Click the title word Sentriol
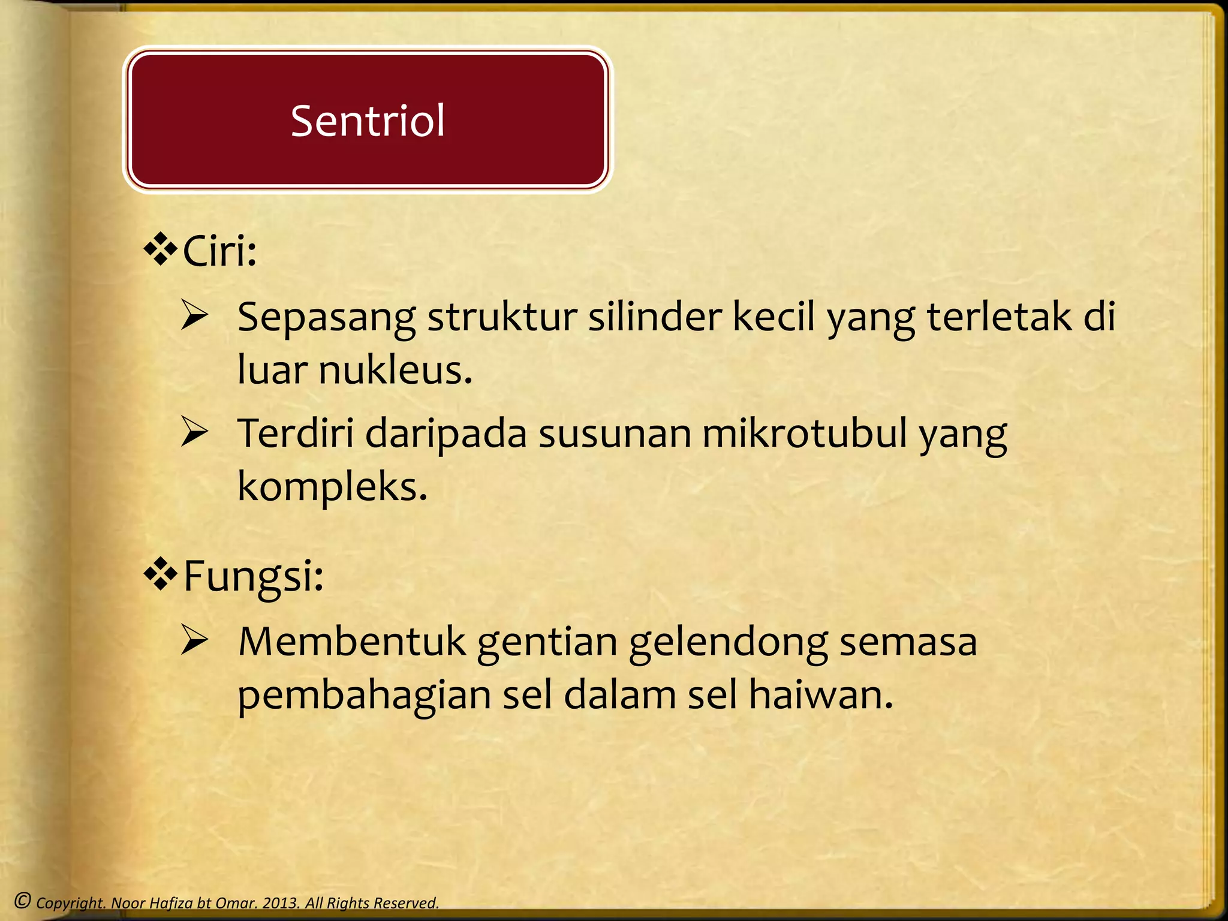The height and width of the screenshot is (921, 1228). [368, 121]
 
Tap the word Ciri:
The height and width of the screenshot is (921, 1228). [219, 251]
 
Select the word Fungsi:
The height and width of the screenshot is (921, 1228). [253, 576]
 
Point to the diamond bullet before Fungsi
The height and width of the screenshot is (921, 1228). [161, 574]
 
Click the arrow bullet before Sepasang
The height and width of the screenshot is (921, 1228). [195, 316]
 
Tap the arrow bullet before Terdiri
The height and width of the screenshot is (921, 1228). [195, 432]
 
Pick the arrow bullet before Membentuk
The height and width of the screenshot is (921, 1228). [195, 640]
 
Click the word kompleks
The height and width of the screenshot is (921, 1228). [332, 486]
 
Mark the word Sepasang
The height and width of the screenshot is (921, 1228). [326, 318]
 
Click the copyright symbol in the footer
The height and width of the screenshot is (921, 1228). [23, 901]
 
